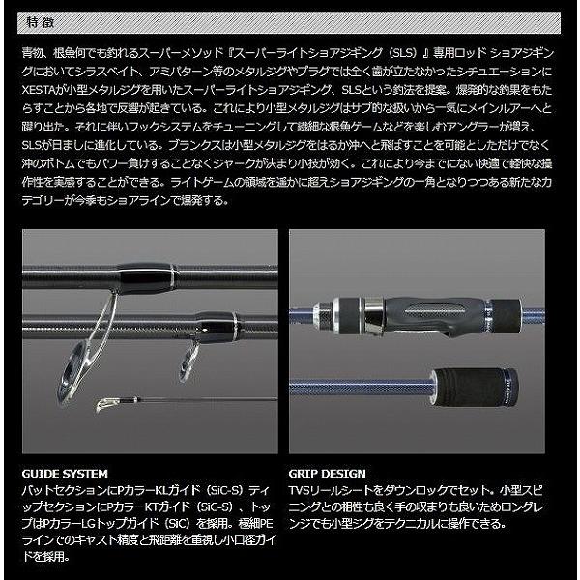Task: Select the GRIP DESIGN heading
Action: click(x=327, y=474)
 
